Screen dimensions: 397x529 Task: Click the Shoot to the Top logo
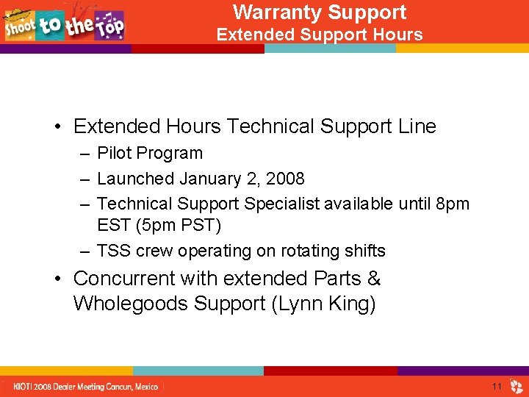tap(65, 24)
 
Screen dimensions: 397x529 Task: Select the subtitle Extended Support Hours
tap(319, 35)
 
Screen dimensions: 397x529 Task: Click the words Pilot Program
tap(150, 154)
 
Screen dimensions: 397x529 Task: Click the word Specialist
tap(281, 204)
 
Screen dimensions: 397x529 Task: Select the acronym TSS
tap(114, 251)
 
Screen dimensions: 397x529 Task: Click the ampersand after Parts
tap(373, 279)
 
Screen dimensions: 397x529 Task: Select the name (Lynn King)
tap(323, 304)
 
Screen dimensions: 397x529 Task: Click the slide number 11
tap(497, 386)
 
